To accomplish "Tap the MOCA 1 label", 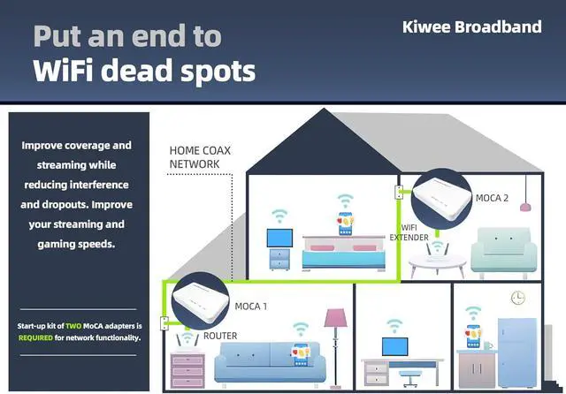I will (x=250, y=307).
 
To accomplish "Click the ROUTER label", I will (x=220, y=337).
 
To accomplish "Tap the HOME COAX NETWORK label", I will (x=200, y=157).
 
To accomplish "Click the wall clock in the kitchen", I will (x=517, y=299).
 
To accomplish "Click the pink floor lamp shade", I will (x=335, y=318).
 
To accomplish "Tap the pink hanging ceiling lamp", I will (x=526, y=206).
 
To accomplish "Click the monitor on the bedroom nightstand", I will (x=280, y=239).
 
